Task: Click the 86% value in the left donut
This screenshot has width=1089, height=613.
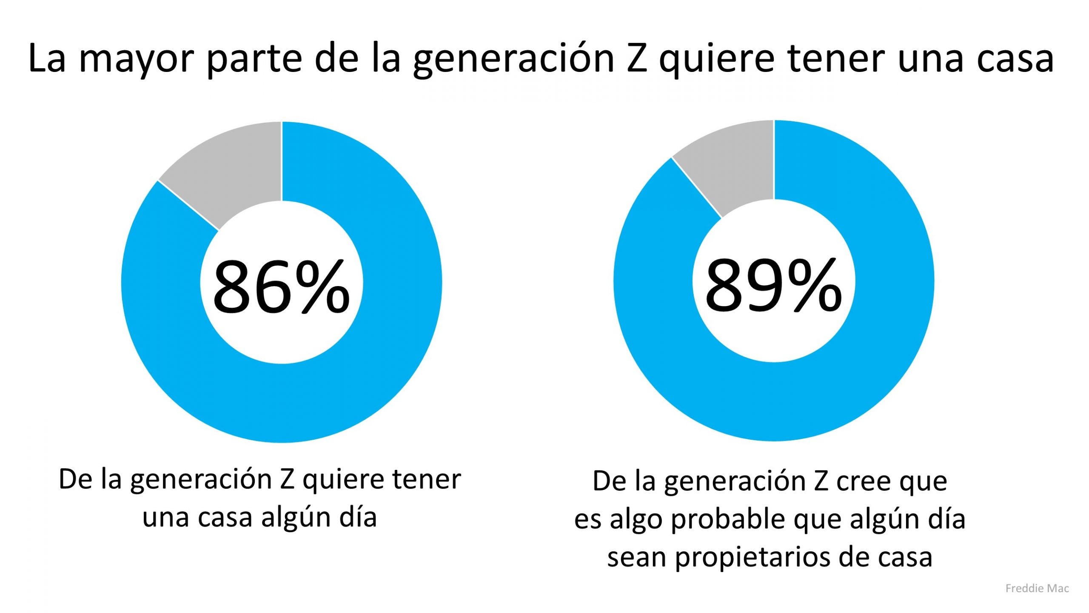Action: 281,287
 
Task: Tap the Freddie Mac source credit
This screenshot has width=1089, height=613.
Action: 1037,588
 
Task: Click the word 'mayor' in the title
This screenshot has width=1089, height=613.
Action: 136,60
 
